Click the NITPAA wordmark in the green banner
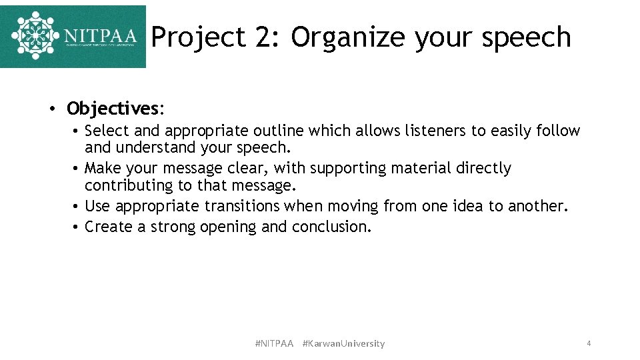(100, 35)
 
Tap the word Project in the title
(199, 37)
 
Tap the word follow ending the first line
(558, 131)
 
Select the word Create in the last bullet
(107, 227)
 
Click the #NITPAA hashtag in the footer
(274, 343)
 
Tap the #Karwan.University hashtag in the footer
(343, 343)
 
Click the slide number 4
(589, 343)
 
